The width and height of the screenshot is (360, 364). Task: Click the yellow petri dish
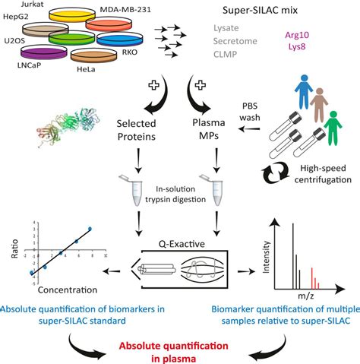[72, 15]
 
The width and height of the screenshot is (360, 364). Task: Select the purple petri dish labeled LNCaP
[44, 52]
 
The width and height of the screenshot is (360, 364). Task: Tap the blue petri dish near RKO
[120, 40]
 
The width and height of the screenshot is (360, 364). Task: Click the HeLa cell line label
[86, 69]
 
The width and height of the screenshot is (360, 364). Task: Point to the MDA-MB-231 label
[125, 10]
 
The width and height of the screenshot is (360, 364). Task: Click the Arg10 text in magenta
[297, 35]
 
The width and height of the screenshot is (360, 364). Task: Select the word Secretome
[235, 41]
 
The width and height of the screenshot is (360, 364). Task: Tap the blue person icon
[305, 92]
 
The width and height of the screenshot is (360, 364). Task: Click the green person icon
[333, 128]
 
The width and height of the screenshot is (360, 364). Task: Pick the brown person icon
[319, 105]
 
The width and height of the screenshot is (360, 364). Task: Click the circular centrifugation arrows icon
[275, 173]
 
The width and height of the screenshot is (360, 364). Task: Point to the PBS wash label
[250, 112]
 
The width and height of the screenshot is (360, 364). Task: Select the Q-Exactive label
[182, 244]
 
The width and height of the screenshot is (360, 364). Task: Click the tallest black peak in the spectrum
[293, 256]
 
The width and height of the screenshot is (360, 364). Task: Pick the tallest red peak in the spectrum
[312, 278]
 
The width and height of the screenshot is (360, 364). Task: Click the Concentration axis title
[68, 290]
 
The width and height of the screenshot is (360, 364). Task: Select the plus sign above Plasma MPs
[200, 85]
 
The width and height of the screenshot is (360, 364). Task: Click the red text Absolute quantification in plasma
[174, 353]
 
